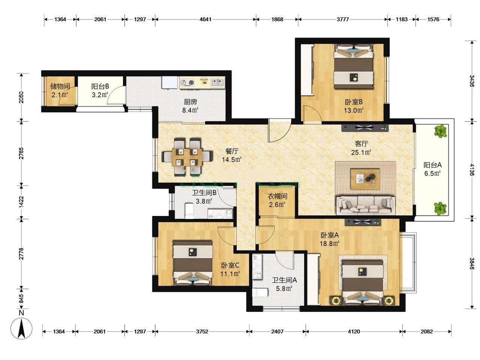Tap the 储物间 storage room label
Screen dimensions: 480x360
(x=60, y=86)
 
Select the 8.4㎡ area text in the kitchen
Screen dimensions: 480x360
(x=190, y=110)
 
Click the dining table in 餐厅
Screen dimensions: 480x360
(x=187, y=157)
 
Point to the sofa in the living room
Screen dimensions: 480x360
(x=365, y=205)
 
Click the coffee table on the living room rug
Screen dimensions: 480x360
(x=365, y=179)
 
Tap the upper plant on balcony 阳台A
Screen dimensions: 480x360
(x=441, y=131)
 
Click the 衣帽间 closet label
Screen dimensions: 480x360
(x=277, y=196)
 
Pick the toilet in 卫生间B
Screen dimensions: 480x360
(x=189, y=211)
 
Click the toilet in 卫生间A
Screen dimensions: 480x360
(x=260, y=292)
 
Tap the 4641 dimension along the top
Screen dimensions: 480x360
(x=205, y=19)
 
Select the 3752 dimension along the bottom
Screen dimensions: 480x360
(x=202, y=331)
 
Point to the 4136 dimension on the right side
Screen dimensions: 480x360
(x=472, y=169)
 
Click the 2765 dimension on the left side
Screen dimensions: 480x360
(x=21, y=153)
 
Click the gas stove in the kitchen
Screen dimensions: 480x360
(x=187, y=83)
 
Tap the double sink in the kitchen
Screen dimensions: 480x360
(x=217, y=82)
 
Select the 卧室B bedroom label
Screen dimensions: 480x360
(x=354, y=102)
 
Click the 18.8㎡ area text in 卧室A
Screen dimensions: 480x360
(x=329, y=243)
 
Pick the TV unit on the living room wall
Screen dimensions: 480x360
(x=365, y=128)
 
